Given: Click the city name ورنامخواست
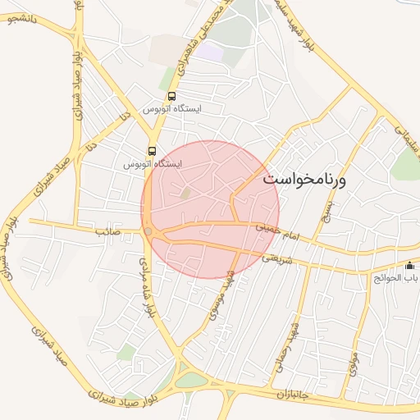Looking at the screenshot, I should tap(304, 178).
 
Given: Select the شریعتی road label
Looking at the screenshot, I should tap(275, 258).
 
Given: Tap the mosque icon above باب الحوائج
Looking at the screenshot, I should tap(410, 265).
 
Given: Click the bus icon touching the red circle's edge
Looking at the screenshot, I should tap(152, 151).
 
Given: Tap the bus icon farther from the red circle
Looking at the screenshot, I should tap(171, 96).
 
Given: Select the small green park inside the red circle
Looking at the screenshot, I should tap(185, 193).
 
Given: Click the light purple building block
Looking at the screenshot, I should tap(211, 52).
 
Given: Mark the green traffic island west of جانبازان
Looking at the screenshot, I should tap(191, 380).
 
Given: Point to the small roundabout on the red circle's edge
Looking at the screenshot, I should tap(148, 231).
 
